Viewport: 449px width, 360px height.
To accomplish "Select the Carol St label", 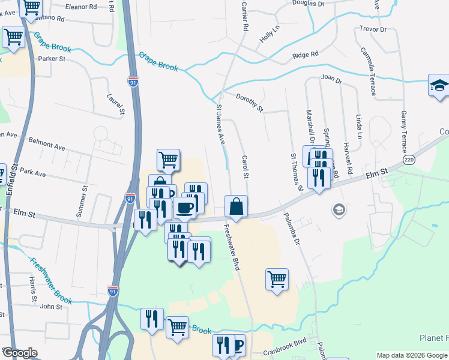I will click(245, 167).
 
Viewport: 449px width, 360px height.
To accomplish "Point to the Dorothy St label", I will click(249, 103).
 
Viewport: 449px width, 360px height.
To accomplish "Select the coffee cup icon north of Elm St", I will click(184, 208).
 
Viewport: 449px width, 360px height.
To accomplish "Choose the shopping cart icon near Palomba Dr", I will click(277, 279).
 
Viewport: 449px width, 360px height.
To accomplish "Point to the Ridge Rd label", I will click(305, 55).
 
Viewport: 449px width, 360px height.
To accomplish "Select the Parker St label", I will click(51, 59).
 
